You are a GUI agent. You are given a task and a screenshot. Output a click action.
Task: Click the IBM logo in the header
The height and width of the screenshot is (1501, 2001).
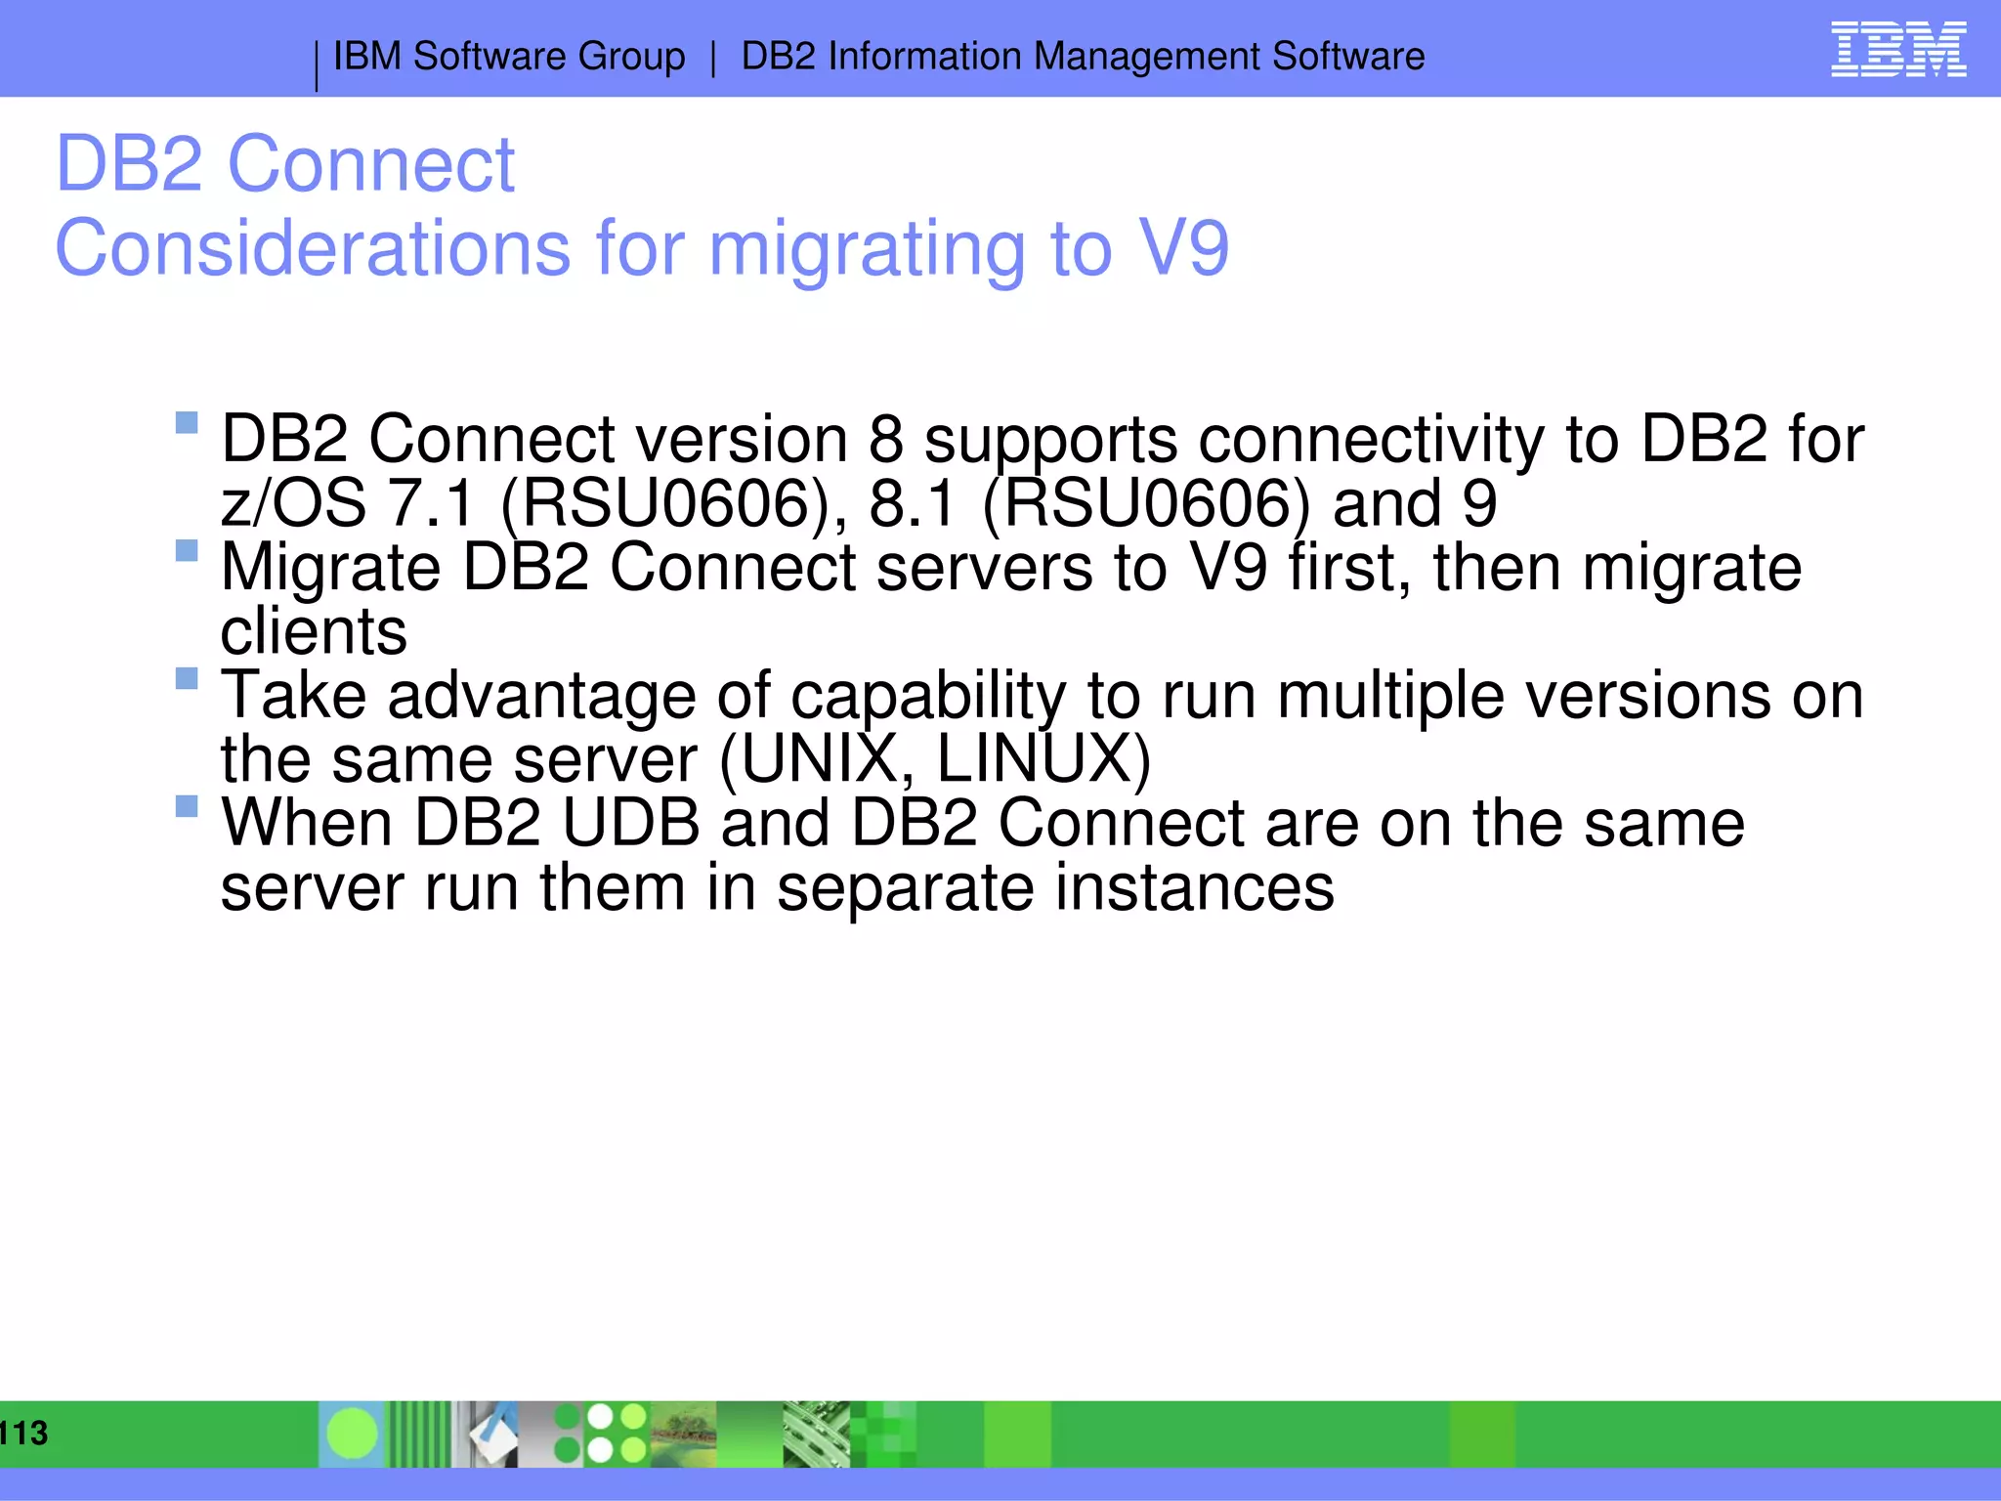1897,50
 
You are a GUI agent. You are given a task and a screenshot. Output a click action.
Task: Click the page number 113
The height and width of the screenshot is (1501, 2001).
23,1434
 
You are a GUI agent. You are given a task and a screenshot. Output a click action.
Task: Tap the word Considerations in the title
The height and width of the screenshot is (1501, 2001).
313,248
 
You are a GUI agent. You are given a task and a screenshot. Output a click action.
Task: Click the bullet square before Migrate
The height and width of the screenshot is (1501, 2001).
187,550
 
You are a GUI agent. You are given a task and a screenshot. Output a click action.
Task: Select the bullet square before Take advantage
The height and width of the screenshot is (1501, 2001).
187,678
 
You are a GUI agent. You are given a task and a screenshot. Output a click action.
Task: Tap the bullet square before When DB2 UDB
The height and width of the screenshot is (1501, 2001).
187,806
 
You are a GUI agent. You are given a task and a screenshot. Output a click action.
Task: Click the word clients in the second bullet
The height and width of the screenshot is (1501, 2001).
314,631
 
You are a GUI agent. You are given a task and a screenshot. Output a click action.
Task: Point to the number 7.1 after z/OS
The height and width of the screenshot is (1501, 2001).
431,503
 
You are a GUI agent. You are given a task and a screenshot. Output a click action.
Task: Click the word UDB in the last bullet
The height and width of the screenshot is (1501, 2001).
631,823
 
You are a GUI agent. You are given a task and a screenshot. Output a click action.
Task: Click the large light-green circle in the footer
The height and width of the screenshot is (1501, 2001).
353,1434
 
